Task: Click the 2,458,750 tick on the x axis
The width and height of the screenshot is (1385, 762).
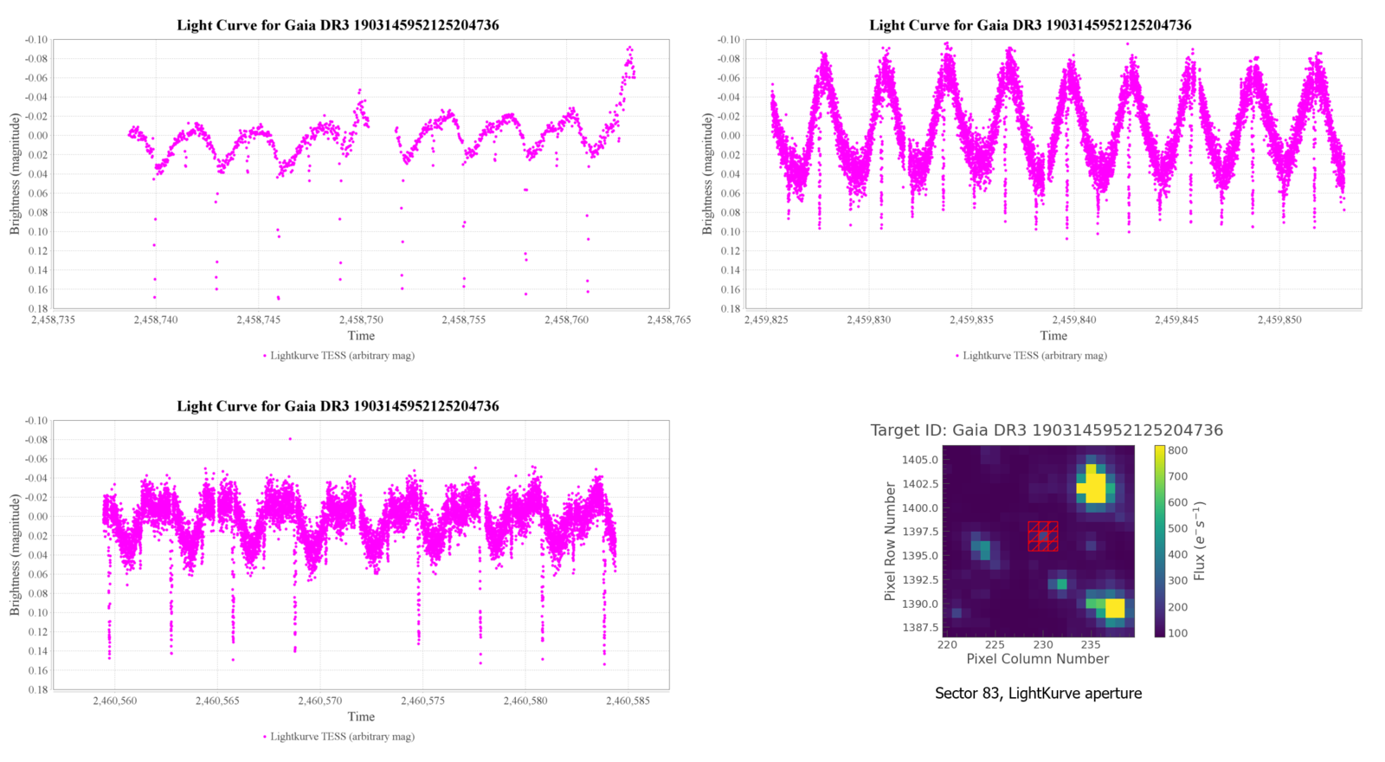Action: pos(361,320)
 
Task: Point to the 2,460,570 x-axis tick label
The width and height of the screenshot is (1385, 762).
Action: pos(319,701)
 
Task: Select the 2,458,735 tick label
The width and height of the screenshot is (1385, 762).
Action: pos(54,320)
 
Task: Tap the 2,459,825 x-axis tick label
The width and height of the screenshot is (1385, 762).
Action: pos(766,320)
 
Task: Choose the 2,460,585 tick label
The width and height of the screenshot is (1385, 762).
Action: pos(628,701)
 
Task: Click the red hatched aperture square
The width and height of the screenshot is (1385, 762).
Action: pos(1043,536)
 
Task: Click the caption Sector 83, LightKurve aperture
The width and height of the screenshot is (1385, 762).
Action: pos(1038,693)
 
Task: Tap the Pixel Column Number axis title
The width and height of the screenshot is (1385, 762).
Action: pos(1037,659)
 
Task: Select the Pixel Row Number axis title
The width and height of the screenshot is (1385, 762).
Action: pos(890,542)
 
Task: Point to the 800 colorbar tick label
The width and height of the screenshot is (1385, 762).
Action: pos(1177,450)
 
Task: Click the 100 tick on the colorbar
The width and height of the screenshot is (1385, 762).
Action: pos(1177,633)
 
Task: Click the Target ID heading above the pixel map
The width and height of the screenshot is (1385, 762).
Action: pos(1046,430)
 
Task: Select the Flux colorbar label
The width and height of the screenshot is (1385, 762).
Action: pos(1200,541)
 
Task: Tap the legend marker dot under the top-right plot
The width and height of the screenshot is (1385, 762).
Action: pos(957,355)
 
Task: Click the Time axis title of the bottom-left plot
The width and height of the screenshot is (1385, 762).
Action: pos(361,716)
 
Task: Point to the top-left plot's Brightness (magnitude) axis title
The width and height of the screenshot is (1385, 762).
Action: pos(15,174)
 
